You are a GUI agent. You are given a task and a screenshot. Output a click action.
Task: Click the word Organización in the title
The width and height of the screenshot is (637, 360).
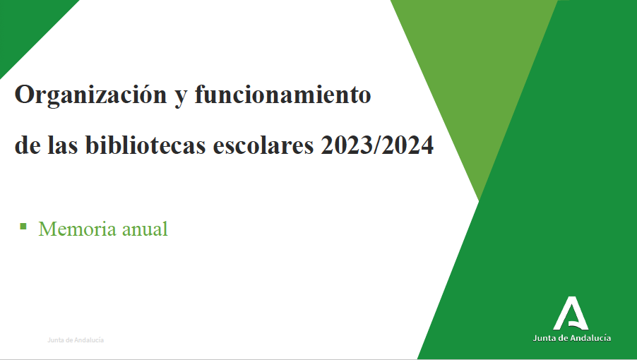point(90,95)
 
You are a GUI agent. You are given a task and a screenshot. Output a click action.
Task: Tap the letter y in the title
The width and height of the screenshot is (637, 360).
point(180,98)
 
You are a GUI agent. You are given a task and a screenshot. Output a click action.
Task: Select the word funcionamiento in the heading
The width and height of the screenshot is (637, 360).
point(282,94)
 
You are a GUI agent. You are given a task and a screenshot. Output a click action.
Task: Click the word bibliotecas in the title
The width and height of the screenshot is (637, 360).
point(146,145)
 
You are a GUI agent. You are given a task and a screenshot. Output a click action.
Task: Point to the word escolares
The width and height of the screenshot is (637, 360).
point(263,145)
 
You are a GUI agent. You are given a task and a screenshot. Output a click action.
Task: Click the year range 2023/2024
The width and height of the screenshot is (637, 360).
point(377,145)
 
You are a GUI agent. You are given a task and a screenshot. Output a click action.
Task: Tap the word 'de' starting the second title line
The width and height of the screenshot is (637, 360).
point(28,145)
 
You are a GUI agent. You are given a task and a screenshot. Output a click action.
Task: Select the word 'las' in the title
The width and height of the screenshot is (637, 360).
point(63,145)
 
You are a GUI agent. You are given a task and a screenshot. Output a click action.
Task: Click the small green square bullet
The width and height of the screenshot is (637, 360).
point(23,226)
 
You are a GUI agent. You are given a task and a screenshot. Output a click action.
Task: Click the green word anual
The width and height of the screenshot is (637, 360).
point(145,229)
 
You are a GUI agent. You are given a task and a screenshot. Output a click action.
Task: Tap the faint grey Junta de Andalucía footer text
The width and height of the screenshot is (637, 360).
point(76,340)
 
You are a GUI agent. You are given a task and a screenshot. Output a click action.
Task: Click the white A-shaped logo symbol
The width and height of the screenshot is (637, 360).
point(571,313)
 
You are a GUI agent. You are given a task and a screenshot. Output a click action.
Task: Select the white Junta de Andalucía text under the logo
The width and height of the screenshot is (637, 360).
point(571,338)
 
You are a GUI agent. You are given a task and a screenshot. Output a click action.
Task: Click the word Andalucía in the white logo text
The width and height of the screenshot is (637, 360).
point(590,338)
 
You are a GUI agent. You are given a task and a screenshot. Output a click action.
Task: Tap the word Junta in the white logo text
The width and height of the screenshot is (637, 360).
point(544,338)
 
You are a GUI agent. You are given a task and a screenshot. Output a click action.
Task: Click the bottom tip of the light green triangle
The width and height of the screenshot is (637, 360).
point(480,200)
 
